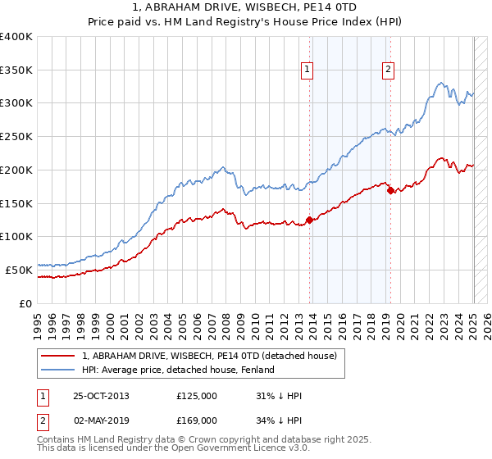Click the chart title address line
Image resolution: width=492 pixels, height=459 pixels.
pyautogui.click(x=246, y=8)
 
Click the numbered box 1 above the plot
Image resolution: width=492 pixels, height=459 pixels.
pyautogui.click(x=306, y=70)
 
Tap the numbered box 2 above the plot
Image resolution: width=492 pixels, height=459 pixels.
pyautogui.click(x=387, y=70)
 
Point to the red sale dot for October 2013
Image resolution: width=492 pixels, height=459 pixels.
pyautogui.click(x=309, y=219)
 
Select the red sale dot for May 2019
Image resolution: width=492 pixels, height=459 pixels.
pyautogui.click(x=390, y=190)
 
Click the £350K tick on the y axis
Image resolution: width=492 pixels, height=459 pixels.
pyautogui.click(x=16, y=70)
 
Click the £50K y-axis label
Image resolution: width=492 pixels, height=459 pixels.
pyautogui.click(x=19, y=270)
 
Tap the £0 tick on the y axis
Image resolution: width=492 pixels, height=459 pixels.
pyautogui.click(x=27, y=303)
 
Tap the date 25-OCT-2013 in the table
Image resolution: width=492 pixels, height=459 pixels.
pyautogui.click(x=102, y=396)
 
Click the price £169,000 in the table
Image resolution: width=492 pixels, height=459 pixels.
pyautogui.click(x=197, y=420)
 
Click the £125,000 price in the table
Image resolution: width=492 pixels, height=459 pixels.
pyautogui.click(x=197, y=396)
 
